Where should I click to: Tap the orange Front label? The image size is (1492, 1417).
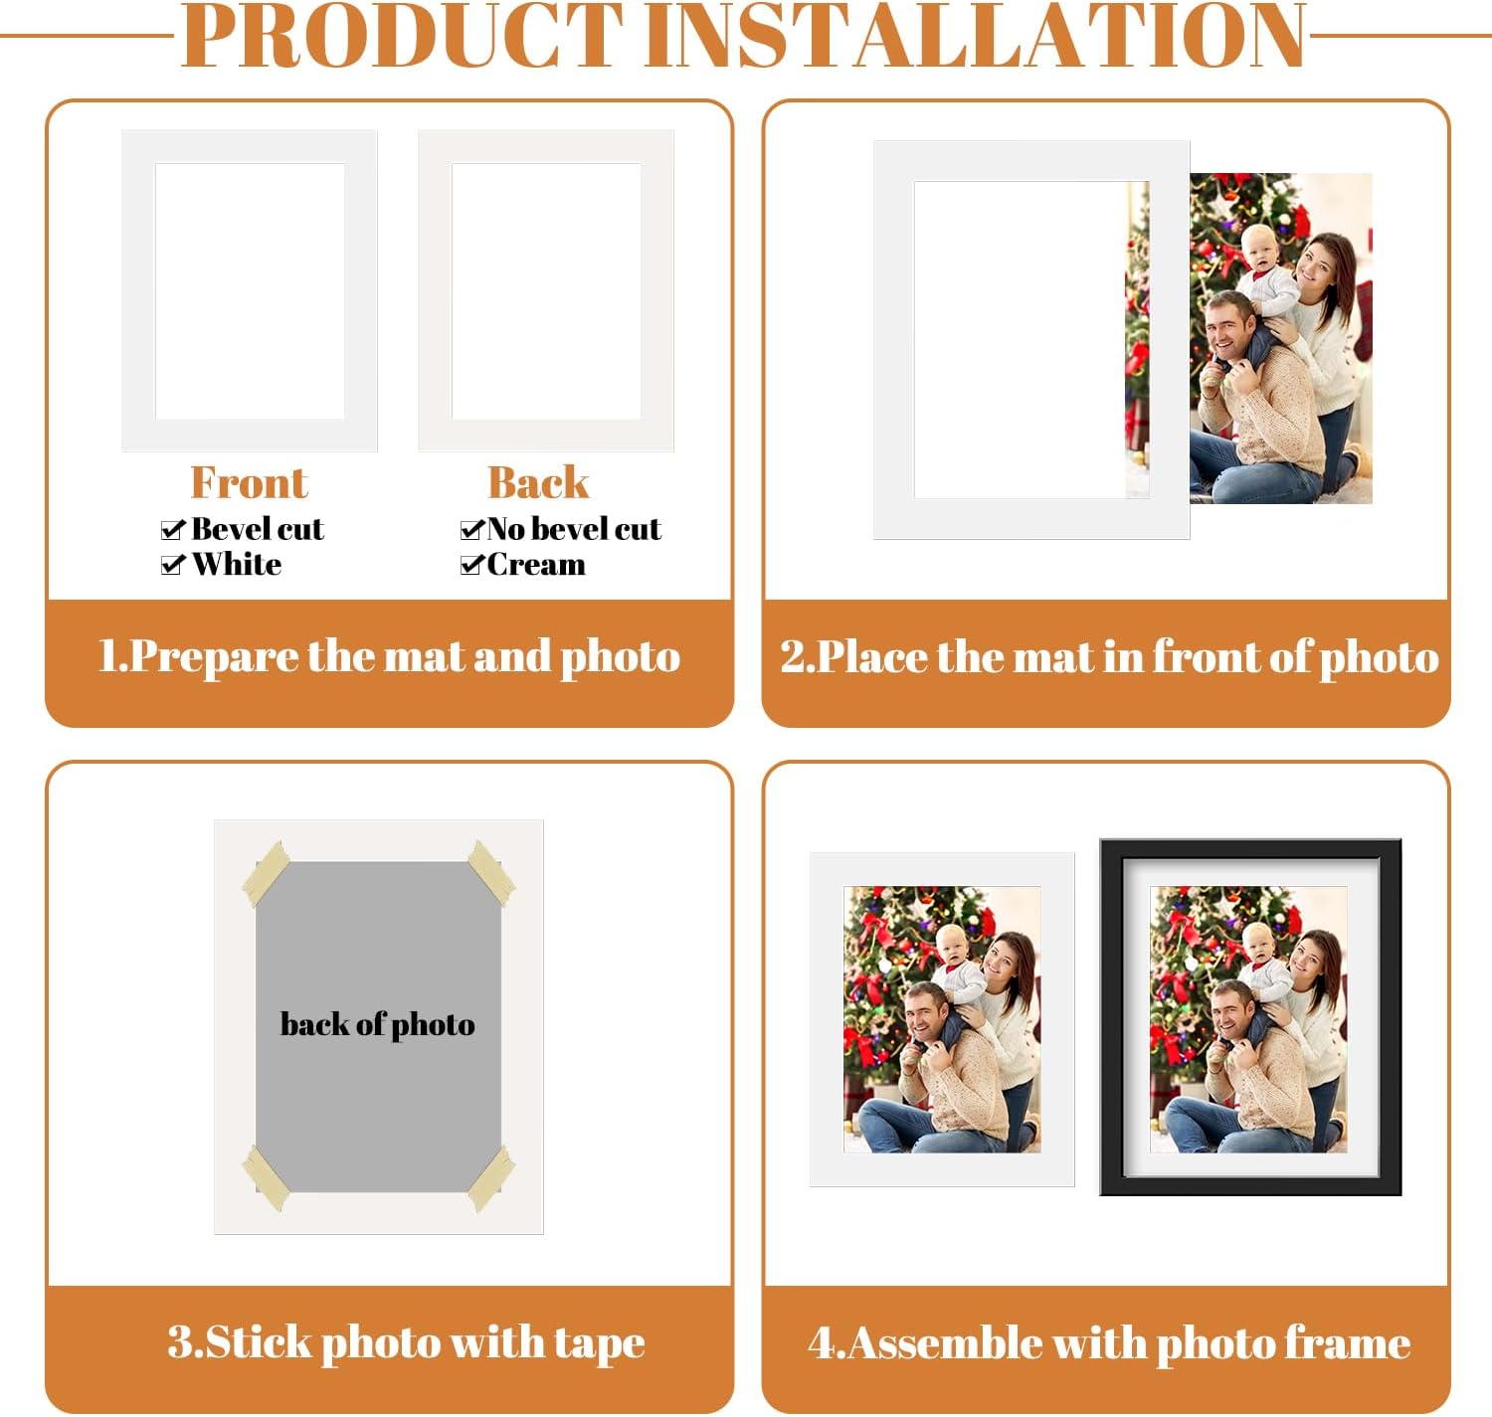coord(249,483)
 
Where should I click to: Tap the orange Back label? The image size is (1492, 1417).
coord(538,483)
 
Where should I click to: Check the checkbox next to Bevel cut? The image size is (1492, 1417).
coord(173,530)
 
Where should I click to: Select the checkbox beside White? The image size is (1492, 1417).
coord(173,565)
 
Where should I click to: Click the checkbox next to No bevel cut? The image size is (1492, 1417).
coord(472,530)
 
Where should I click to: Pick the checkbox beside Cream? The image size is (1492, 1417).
coord(472,565)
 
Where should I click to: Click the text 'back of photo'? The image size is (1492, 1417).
coord(378,1024)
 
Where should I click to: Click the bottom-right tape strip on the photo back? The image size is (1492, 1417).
coord(491,1177)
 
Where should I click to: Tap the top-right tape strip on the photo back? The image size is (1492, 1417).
coord(491,873)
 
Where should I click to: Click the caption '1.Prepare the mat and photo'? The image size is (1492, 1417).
coord(389,657)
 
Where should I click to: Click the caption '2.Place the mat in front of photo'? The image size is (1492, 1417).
coord(1108,657)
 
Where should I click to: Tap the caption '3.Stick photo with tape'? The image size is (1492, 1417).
coord(406,1342)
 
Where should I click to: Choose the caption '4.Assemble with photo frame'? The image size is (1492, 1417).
coord(1108,1343)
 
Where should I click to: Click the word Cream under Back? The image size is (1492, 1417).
coord(536,565)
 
